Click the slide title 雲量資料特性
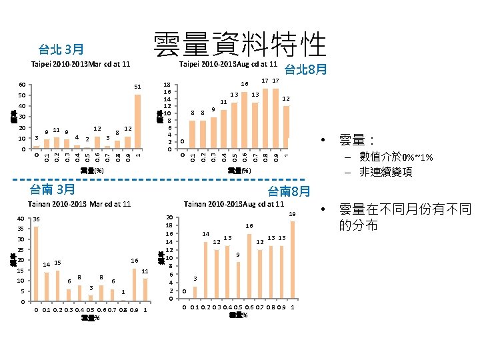pos(239,45)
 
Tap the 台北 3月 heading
pos(61,49)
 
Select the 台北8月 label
pos(305,70)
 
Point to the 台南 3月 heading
pos(57,189)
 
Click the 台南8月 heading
pos(289,191)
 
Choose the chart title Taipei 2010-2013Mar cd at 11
pos(80,64)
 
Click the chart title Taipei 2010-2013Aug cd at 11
pos(229,64)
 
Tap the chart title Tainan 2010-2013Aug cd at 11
pos(233,203)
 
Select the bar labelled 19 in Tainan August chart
pos(293,261)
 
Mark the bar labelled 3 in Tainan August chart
pos(195,293)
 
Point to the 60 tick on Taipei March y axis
pos(22,85)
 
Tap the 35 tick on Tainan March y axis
pos(21,229)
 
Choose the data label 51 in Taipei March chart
pos(137,87)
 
